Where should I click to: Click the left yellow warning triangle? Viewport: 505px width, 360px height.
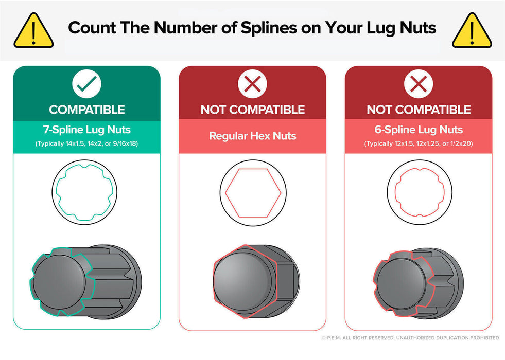click(x=33, y=31)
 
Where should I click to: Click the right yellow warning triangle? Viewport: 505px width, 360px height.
click(x=472, y=31)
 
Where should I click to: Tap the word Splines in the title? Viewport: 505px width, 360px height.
click(x=269, y=28)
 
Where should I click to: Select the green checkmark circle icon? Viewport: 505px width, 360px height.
click(x=86, y=84)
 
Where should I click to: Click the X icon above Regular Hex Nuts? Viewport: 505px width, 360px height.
click(x=252, y=84)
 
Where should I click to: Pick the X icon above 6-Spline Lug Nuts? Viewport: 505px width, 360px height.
click(x=419, y=84)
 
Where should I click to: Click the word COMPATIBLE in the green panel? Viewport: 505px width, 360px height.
click(x=87, y=110)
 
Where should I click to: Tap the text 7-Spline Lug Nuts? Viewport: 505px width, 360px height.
click(x=86, y=130)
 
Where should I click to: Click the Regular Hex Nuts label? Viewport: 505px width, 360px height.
click(x=252, y=136)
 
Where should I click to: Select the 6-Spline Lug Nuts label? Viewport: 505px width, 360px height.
click(x=419, y=130)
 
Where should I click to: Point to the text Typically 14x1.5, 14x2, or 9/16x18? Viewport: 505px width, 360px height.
click(x=86, y=143)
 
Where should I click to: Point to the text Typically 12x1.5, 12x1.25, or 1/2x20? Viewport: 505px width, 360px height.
click(x=419, y=143)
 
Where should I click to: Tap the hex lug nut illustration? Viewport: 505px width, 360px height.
click(x=256, y=281)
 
